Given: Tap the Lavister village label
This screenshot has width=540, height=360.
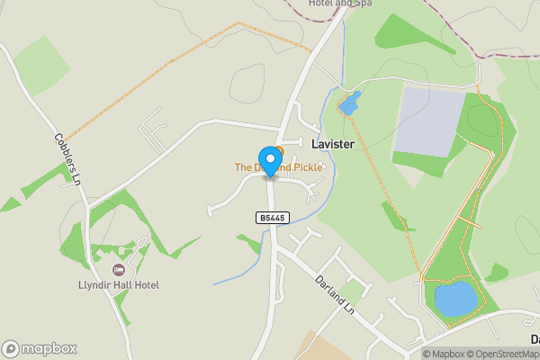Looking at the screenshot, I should (332, 144).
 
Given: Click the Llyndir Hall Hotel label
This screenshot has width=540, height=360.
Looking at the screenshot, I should (118, 285).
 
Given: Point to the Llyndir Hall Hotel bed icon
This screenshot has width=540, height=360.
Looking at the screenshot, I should (118, 269).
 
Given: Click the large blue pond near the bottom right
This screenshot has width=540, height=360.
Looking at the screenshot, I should (454, 298).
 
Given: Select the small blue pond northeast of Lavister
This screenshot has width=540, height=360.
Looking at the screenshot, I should (349, 103).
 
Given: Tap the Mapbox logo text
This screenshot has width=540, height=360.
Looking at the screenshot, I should (50, 348).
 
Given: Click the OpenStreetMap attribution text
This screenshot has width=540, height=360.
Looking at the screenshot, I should (505, 354).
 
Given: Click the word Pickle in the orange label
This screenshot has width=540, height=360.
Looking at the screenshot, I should (303, 167).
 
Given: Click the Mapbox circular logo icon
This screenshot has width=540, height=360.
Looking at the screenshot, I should (11, 348).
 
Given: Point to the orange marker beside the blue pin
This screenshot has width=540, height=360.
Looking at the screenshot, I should (280, 150).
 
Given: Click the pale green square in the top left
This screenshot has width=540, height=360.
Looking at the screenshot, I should (41, 66).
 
